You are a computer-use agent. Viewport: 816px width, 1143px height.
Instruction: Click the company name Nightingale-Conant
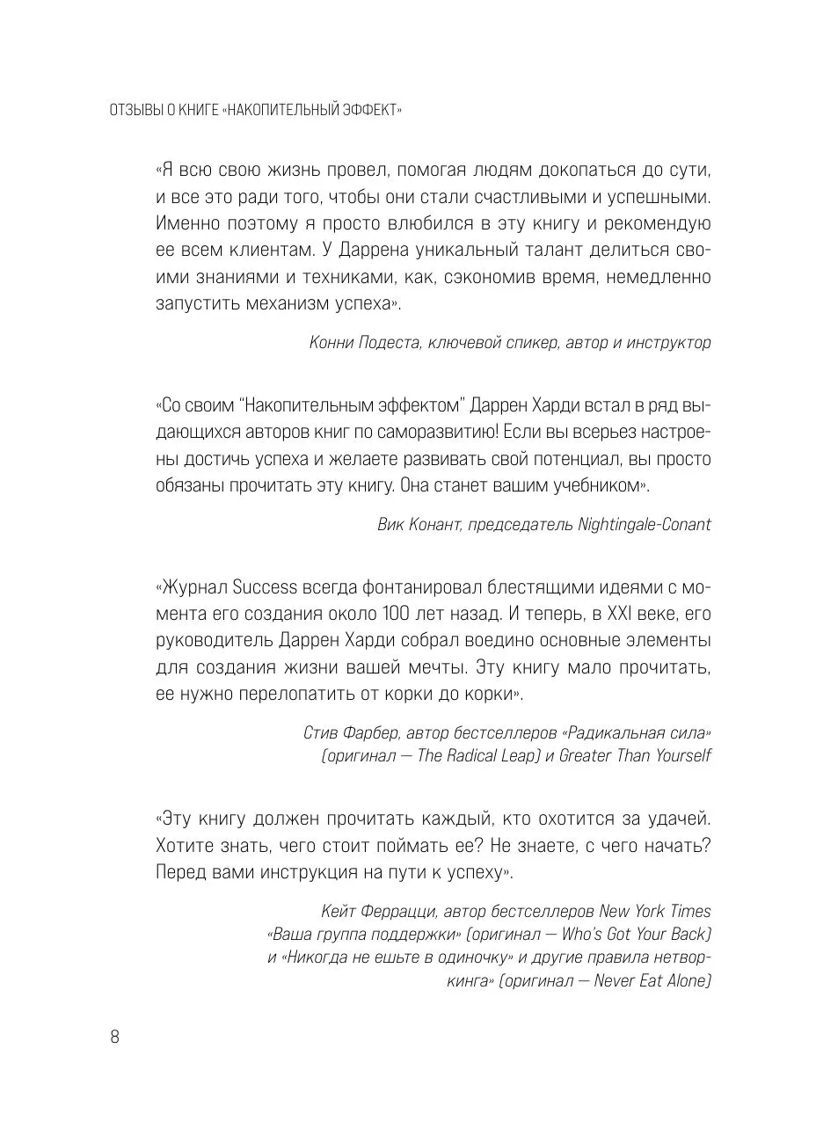[645, 525]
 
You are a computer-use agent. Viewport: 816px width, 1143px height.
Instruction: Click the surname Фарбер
[374, 732]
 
